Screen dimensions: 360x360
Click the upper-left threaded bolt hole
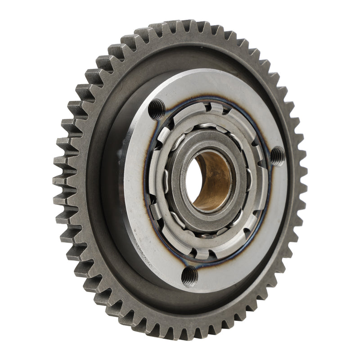(156, 108)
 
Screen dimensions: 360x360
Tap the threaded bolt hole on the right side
(278, 156)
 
